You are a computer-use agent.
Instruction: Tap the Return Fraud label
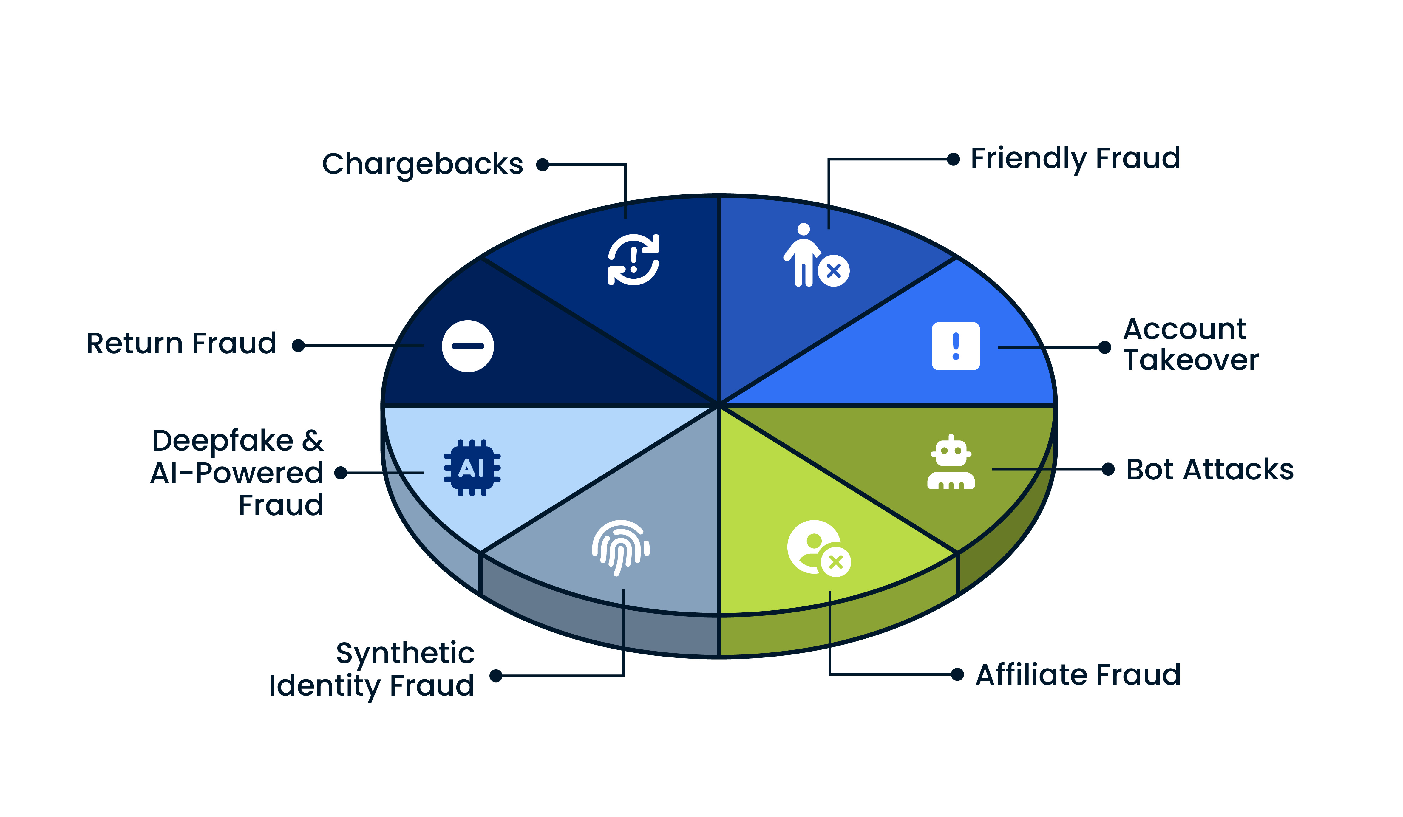[182, 343]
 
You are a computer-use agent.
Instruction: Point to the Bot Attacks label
[1209, 470]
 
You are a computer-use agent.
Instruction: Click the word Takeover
[1190, 360]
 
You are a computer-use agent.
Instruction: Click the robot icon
[951, 463]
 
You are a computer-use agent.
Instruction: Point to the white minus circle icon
[468, 346]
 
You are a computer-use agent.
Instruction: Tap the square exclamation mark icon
[955, 346]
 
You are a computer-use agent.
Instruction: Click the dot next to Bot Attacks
[1108, 469]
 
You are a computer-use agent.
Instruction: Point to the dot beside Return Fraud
[299, 346]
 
